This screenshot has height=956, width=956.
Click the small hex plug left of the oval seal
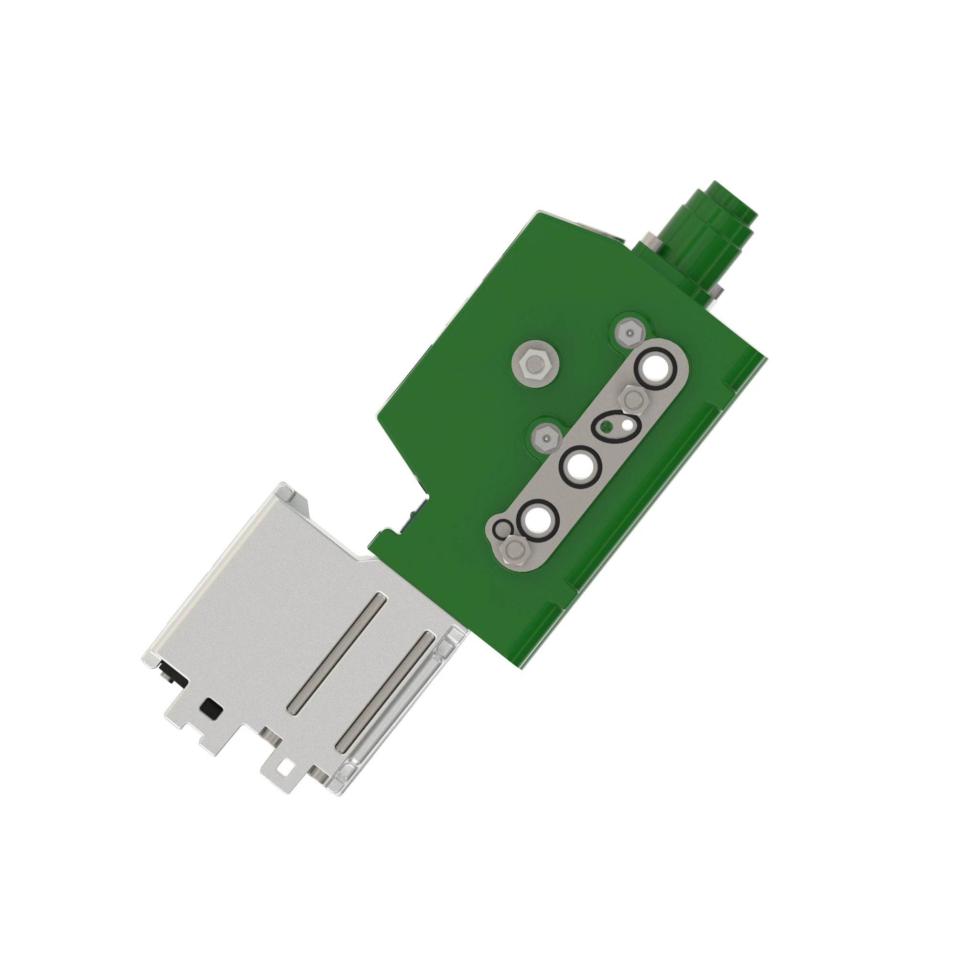click(x=546, y=439)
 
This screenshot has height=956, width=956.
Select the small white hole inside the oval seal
click(x=628, y=424)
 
